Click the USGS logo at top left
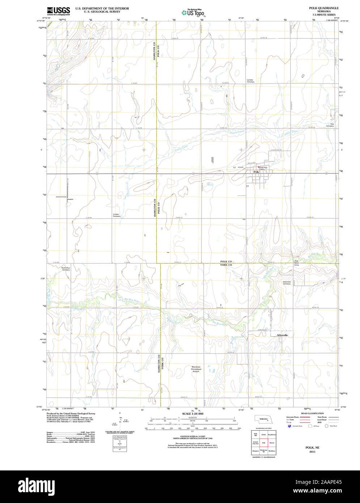58,10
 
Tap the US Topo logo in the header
193,13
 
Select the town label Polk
256,172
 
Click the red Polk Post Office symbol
259,167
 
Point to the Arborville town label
282,335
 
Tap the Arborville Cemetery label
287,283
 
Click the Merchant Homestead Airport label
196,369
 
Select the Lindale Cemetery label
117,215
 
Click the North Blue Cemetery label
65,269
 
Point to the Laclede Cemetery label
250,81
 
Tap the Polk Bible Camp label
296,263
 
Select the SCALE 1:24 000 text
192,414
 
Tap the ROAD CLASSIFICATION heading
312,413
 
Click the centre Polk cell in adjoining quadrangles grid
264,443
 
